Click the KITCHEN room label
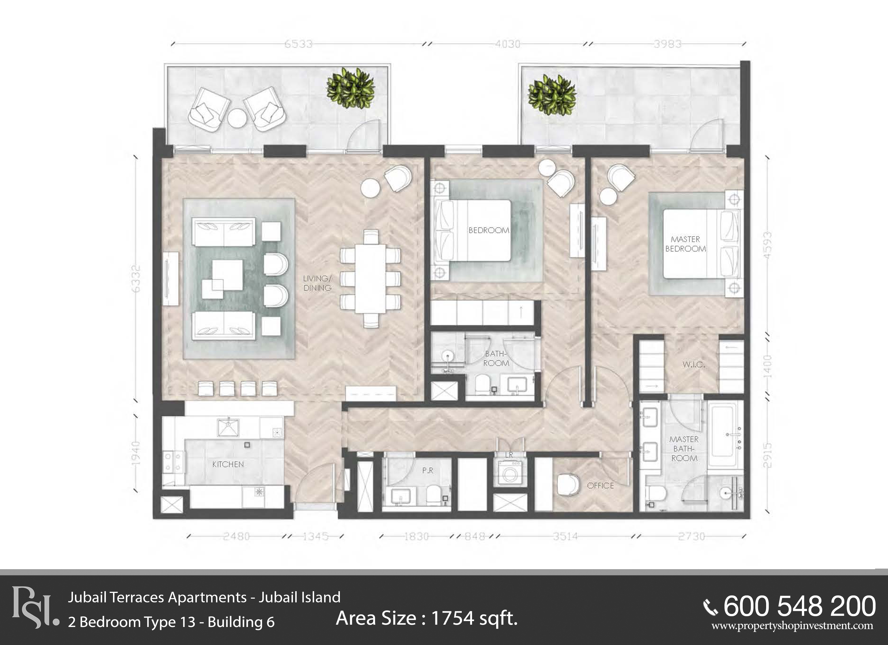[x=228, y=464]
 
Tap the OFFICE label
[x=600, y=486]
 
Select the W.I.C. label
[x=694, y=365]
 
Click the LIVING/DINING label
[x=318, y=283]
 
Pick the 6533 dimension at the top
[x=298, y=44]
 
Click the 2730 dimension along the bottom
[x=691, y=536]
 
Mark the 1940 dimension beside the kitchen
[x=135, y=454]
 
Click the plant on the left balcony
[x=350, y=88]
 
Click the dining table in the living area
[x=370, y=279]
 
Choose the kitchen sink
[x=228, y=427]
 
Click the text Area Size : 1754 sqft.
[x=427, y=618]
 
